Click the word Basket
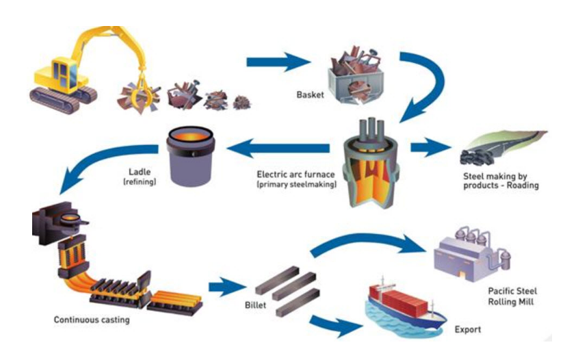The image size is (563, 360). pos(311,94)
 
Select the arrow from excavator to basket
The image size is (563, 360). pos(277,64)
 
